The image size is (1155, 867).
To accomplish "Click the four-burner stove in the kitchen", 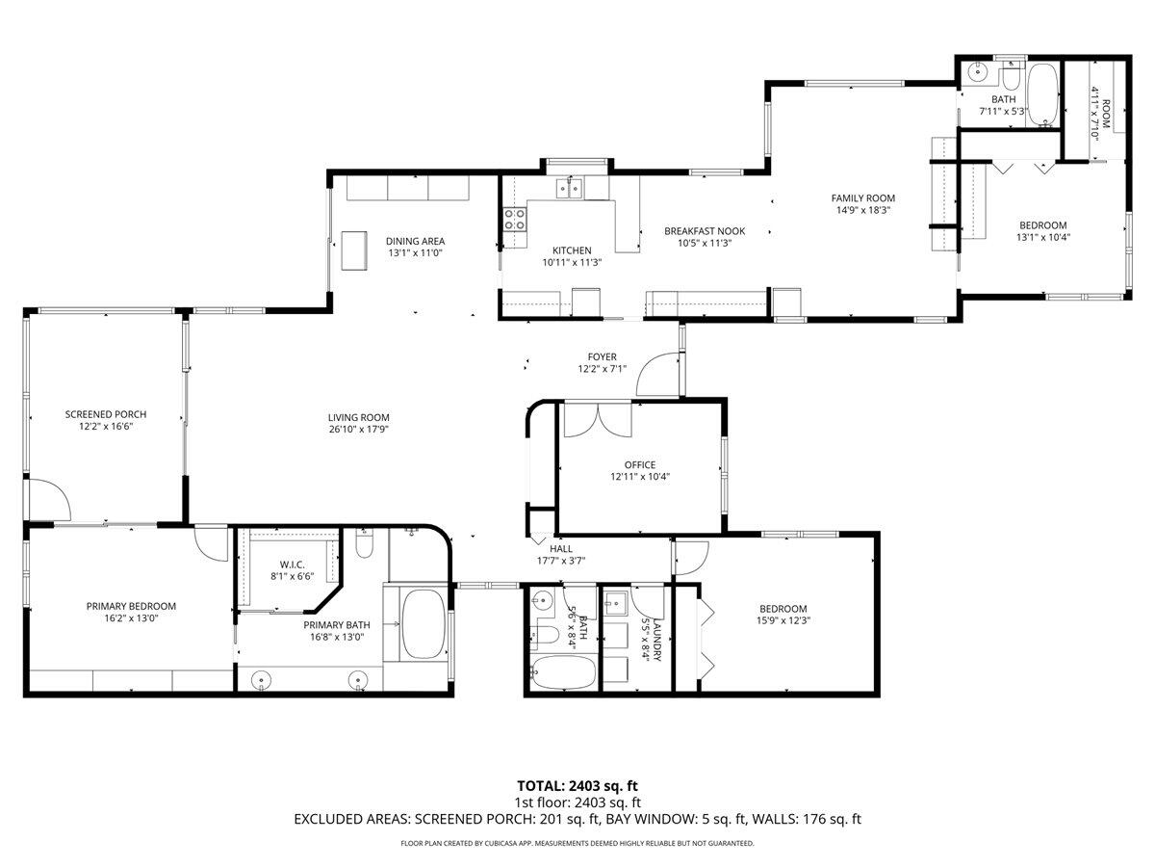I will click(x=515, y=220).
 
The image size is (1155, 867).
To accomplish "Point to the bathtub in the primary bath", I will click(x=423, y=623).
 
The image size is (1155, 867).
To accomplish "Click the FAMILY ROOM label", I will click(x=863, y=198).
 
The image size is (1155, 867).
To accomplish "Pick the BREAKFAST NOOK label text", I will click(x=718, y=231).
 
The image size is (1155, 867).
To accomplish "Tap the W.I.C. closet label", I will click(x=292, y=565).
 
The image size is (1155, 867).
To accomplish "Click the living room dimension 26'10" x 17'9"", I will click(x=358, y=430).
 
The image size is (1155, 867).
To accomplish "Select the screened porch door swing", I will click(x=48, y=499).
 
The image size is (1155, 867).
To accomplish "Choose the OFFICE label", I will click(x=640, y=465).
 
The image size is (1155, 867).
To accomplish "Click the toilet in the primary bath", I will click(x=364, y=547).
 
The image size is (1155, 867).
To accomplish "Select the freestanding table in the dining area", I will click(x=354, y=251).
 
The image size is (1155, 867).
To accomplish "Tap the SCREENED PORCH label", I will click(x=106, y=414).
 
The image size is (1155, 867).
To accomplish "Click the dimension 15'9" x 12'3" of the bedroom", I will click(x=783, y=621).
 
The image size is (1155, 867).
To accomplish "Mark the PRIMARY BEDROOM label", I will click(x=131, y=606).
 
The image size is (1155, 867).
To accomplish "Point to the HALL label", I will click(x=561, y=548).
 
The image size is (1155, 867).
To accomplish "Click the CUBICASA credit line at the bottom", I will click(x=577, y=843).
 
